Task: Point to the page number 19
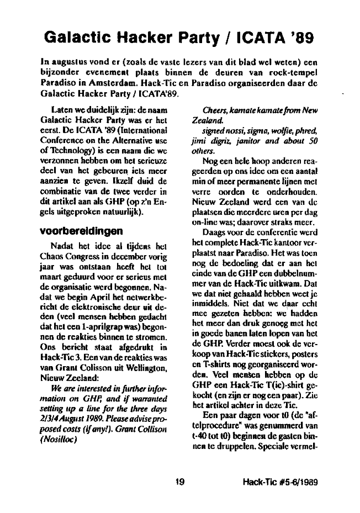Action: click(x=178, y=481)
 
